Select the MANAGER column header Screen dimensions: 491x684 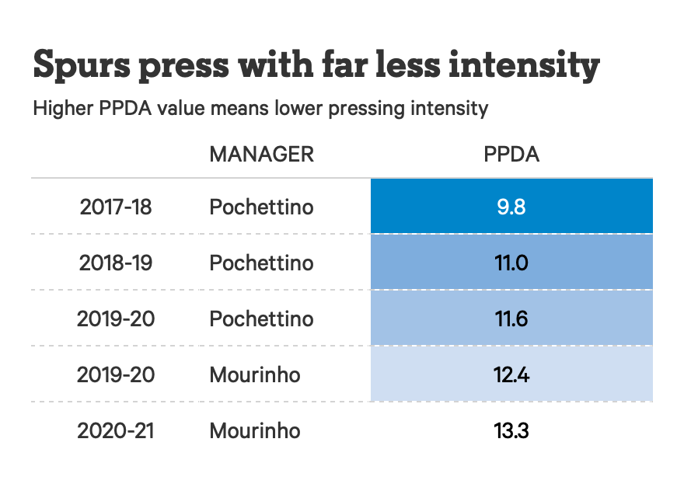coord(261,154)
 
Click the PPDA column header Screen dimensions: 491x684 coord(511,154)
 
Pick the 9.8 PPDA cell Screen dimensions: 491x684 coord(511,207)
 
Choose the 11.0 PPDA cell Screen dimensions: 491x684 coord(511,263)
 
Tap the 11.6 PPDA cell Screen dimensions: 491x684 coord(511,319)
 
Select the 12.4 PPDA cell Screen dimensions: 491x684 coord(511,374)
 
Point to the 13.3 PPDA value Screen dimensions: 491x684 coord(511,430)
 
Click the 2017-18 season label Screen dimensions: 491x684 coord(116,207)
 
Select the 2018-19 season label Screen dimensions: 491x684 coord(116,263)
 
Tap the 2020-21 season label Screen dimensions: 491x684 coord(116,431)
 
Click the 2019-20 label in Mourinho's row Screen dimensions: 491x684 coord(116,375)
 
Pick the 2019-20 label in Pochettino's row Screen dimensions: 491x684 coord(116,319)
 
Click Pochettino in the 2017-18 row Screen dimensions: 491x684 coord(261,207)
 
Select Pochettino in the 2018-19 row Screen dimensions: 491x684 coord(261,263)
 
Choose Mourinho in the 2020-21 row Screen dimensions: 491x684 coord(254,431)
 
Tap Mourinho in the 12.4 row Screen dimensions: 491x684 coord(254,375)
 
